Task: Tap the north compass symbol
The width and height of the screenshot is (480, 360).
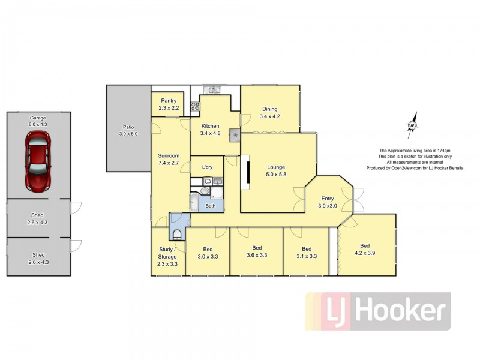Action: (413, 125)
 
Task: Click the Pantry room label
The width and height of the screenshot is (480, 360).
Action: (168, 100)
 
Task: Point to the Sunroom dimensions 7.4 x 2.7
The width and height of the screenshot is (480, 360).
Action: (168, 162)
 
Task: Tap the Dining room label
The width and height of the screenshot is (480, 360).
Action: (269, 109)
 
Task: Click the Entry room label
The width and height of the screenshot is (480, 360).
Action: (328, 199)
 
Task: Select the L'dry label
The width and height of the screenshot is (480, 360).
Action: (208, 166)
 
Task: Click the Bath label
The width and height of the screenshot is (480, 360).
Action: (211, 206)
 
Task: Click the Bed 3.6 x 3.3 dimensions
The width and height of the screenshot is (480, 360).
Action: (257, 255)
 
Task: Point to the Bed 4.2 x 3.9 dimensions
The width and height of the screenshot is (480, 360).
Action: (365, 253)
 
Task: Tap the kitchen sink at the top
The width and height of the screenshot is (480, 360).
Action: (213, 90)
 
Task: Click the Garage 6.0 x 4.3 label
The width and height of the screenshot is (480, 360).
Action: (37, 121)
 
